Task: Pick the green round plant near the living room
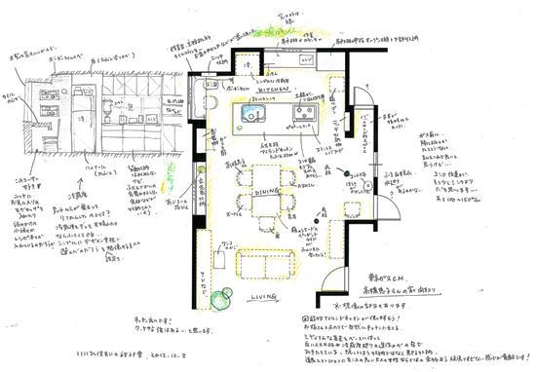[221, 296]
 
